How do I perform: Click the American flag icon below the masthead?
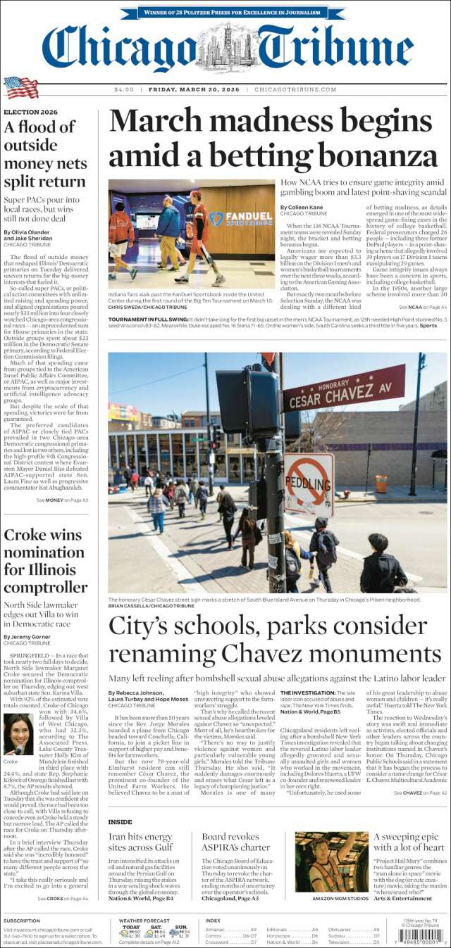tap(20, 87)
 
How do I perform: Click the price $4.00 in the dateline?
tap(124, 89)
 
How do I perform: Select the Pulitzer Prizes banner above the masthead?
tap(225, 13)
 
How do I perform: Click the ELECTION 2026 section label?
tap(31, 112)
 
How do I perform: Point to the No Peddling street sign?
tap(309, 484)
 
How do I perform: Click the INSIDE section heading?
tap(120, 821)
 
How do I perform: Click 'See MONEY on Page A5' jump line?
tap(67, 500)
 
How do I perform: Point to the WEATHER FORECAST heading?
tap(144, 920)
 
